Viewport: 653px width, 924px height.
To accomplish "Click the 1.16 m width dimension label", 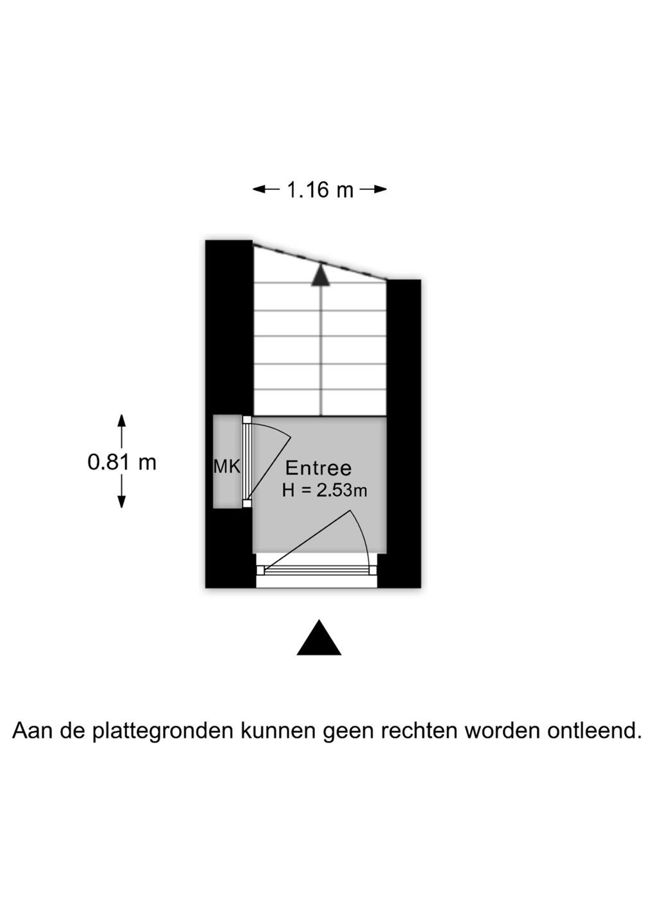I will [319, 190].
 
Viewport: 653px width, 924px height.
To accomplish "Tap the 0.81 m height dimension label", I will [122, 462].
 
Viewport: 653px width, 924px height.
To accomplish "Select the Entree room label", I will [318, 468].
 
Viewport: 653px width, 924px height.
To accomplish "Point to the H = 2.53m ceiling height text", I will [324, 491].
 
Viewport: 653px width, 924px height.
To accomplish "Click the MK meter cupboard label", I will [226, 467].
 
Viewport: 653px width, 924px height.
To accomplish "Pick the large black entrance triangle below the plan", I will [319, 639].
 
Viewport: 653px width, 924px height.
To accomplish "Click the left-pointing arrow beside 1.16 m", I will [266, 189].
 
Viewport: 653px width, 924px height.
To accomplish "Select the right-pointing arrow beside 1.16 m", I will [373, 189].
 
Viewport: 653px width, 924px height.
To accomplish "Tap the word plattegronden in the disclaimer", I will [162, 731].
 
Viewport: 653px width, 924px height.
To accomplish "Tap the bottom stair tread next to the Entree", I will [320, 403].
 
